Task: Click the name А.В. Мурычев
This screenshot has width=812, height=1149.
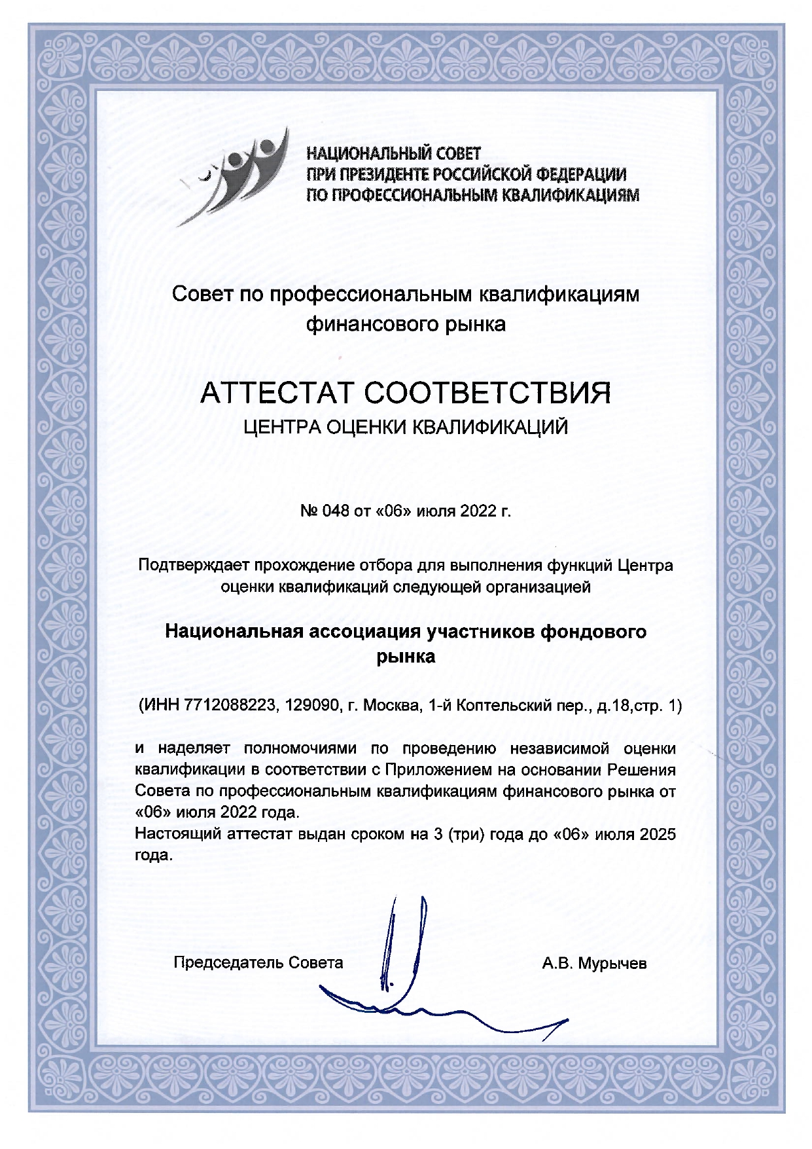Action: [x=594, y=963]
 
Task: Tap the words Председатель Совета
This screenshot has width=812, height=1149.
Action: [x=258, y=962]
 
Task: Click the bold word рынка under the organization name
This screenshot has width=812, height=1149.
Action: [x=406, y=657]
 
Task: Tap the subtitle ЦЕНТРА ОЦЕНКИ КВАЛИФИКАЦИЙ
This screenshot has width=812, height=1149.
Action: [x=406, y=428]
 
